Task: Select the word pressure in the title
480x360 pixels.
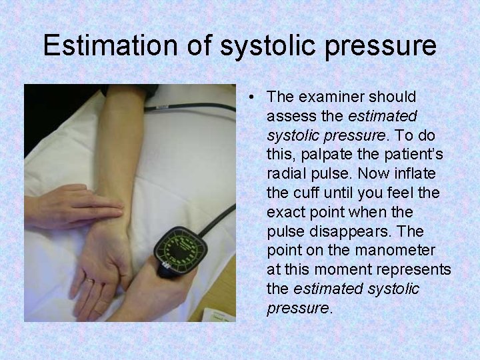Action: tap(375, 46)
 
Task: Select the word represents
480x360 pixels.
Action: tap(417, 270)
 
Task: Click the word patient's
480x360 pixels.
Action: tap(409, 155)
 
